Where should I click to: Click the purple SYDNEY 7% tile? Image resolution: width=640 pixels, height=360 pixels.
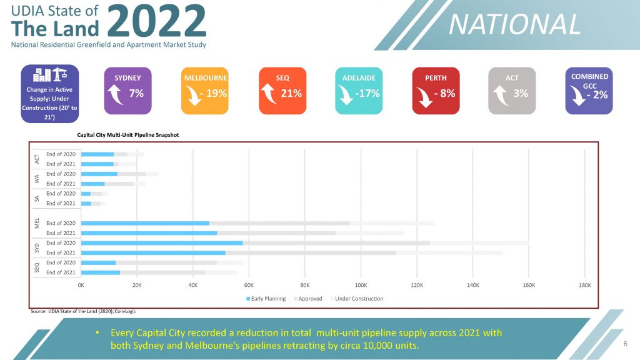coord(127,91)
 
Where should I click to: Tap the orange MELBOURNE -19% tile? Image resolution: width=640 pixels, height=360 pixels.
coord(205,91)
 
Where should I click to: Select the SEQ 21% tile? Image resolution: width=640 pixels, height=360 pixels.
coord(282,91)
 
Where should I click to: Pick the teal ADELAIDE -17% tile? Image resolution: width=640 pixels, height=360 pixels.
coord(359,91)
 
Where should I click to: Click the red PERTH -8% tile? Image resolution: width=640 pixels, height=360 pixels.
coord(436,91)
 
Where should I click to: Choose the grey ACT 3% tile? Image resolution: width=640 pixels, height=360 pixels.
coord(512,91)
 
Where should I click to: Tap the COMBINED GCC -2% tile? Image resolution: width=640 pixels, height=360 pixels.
coord(589,91)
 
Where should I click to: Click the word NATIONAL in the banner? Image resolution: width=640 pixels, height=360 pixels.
coord(514,24)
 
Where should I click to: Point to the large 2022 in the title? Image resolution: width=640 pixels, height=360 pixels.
coord(156,20)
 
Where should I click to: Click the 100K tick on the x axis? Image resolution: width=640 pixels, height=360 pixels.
coord(361,285)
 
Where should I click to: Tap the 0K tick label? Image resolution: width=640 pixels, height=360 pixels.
coord(81,285)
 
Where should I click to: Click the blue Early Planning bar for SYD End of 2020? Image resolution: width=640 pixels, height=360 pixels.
coord(162,242)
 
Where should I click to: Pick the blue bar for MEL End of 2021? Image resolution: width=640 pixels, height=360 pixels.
coord(149,233)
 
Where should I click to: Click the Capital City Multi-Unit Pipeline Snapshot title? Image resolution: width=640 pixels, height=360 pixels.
coord(127,133)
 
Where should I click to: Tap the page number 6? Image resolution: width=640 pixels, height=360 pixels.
coord(625,344)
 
